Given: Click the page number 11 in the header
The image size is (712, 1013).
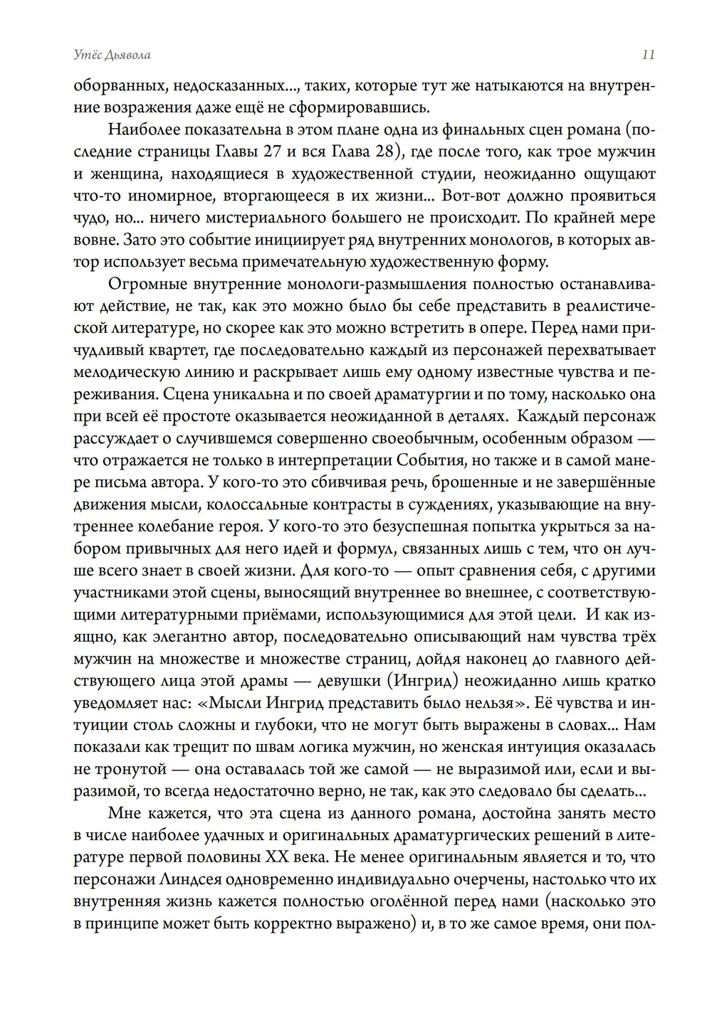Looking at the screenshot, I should click(x=648, y=55).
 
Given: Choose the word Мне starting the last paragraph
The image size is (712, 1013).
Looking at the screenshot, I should click(x=124, y=814).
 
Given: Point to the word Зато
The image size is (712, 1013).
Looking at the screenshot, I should click(x=135, y=240).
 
